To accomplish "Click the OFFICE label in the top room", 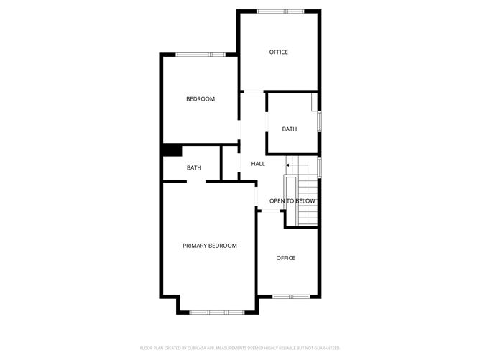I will [x=279, y=52].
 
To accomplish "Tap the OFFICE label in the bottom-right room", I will [x=286, y=258].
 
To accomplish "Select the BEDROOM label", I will [x=200, y=99].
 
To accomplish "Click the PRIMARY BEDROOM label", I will [x=210, y=246].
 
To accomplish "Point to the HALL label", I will [x=258, y=164].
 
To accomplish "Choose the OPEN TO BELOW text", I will [x=292, y=201].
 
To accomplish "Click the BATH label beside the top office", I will [x=290, y=129].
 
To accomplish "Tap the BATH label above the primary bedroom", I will [x=194, y=168].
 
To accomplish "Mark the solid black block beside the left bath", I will [x=172, y=150].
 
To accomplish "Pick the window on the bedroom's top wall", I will [x=200, y=55].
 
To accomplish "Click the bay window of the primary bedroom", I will [x=217, y=313].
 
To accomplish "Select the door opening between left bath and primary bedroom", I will [x=196, y=182].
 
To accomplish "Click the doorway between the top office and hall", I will [x=253, y=91].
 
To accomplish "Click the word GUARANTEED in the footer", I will [x=325, y=347].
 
